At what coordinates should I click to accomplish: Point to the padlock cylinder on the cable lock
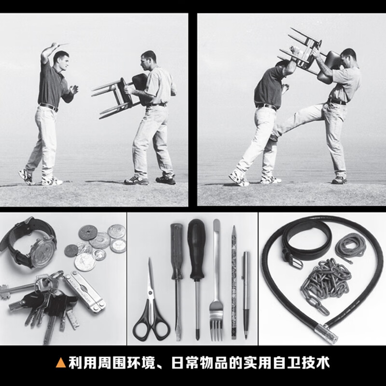[325, 332]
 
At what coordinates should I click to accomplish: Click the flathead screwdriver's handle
[177, 251]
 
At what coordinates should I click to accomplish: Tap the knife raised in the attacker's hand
[62, 44]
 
